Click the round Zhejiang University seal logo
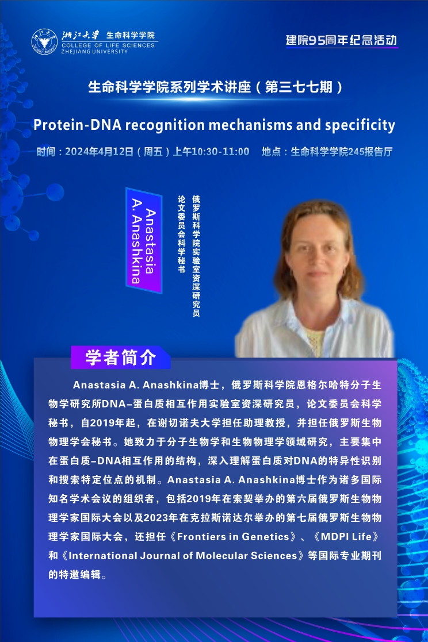click(45, 42)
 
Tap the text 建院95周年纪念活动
click(342, 40)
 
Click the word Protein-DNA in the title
click(78, 125)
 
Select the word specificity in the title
click(360, 125)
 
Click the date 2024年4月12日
click(99, 152)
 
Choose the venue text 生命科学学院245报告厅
click(342, 152)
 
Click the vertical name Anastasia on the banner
click(151, 241)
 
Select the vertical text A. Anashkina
click(136, 241)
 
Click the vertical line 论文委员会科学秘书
click(181, 234)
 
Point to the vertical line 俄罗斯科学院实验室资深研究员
click(196, 256)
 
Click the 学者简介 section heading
click(121, 357)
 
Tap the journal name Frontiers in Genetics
click(233, 536)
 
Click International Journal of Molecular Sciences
click(183, 556)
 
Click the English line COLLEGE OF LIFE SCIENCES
click(108, 45)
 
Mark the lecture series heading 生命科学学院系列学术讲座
click(169, 87)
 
